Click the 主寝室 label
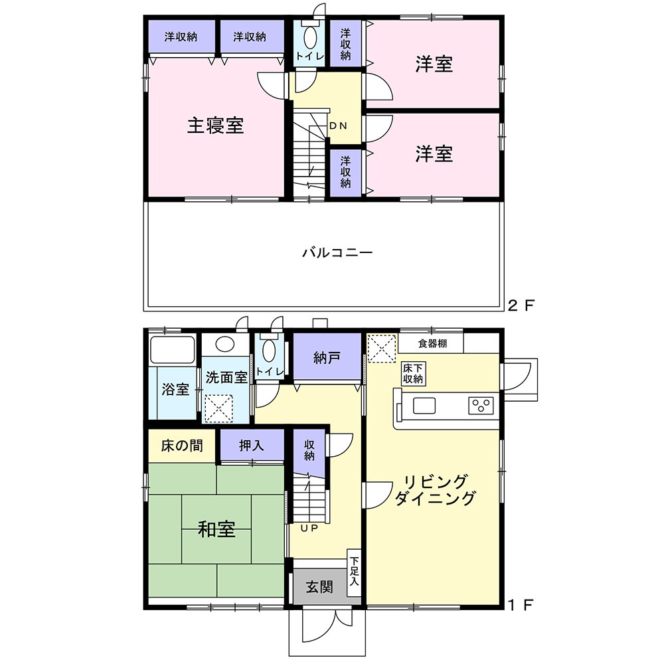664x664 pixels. pos(215,125)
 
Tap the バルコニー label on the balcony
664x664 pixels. pos(337,253)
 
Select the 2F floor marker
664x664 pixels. pos(521,305)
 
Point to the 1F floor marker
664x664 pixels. pos(521,605)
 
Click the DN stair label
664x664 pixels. pos(339,125)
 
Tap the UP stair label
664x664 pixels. pos(309,528)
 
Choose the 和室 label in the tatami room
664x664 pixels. pos(216,529)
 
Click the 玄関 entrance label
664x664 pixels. pos(319,587)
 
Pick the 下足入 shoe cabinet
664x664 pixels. pos(354,573)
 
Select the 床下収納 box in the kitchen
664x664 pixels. pos(413,373)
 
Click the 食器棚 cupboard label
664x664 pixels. pos(432,343)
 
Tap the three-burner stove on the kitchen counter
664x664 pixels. pos(481,406)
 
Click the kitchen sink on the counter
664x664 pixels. pos(424,406)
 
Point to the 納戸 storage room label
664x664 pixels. pos(327,359)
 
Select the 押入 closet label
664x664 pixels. pos(251,445)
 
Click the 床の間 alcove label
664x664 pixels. pos(182,446)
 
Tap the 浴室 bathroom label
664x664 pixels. pos(175,389)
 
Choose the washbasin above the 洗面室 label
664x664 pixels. pos(224,344)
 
